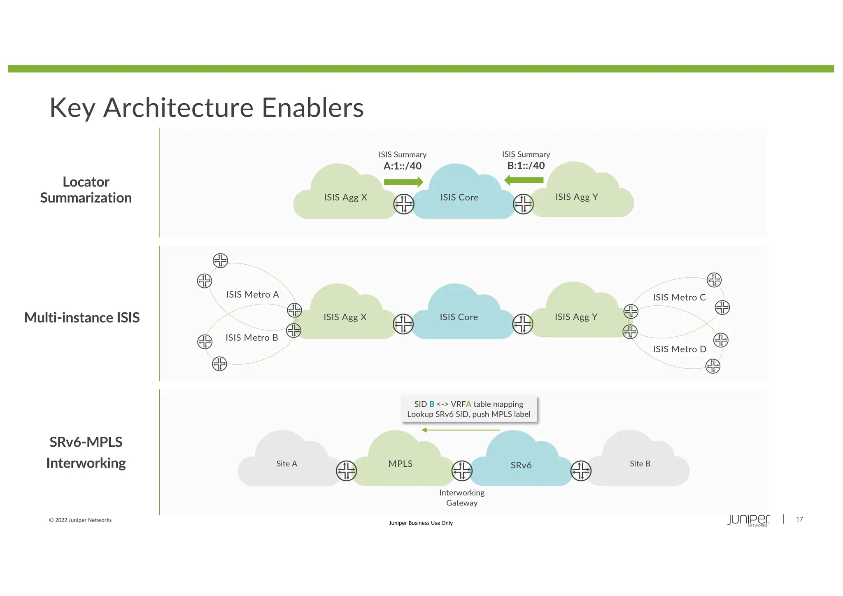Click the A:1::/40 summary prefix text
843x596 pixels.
[x=402, y=166]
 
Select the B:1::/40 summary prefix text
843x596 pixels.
[x=526, y=165]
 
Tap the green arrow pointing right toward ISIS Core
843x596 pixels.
[x=403, y=182]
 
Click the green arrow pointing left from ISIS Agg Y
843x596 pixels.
[x=524, y=180]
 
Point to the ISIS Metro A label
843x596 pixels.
[x=252, y=294]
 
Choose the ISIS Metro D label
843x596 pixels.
[x=679, y=349]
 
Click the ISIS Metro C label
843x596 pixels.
[x=679, y=297]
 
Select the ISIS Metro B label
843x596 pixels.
[x=252, y=338]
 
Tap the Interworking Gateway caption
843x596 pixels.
[x=461, y=498]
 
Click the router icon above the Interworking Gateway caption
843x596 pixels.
[x=462, y=471]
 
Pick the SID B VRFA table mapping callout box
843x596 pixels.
[x=469, y=409]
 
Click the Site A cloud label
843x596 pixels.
[x=286, y=463]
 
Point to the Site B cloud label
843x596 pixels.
[x=640, y=463]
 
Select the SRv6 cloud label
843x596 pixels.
[x=521, y=465]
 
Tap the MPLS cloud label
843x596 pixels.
[x=400, y=463]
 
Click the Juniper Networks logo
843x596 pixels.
[x=748, y=520]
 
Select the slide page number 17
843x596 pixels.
[x=799, y=519]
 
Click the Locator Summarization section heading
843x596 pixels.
[x=86, y=190]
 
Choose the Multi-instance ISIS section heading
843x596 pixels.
[x=82, y=317]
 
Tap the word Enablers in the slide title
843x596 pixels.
[x=312, y=108]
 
